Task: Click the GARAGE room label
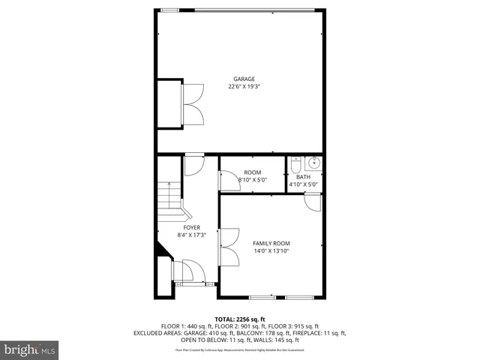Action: coord(244,79)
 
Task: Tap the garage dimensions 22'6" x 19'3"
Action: coord(244,86)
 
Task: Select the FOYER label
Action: coord(191,226)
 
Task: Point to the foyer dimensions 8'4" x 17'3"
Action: coord(191,234)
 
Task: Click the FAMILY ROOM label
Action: coord(271,244)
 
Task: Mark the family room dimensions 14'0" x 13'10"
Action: coord(271,251)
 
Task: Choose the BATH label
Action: coord(303,177)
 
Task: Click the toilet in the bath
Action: coord(296,163)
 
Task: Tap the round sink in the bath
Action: coord(313,163)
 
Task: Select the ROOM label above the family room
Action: coord(252,172)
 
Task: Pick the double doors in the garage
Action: coord(193,103)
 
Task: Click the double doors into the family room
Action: coord(226,247)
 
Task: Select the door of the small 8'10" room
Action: coord(226,180)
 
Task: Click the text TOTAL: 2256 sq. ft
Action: coord(240,319)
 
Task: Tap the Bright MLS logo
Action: coord(30,349)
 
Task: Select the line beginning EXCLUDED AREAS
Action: coord(240,332)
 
